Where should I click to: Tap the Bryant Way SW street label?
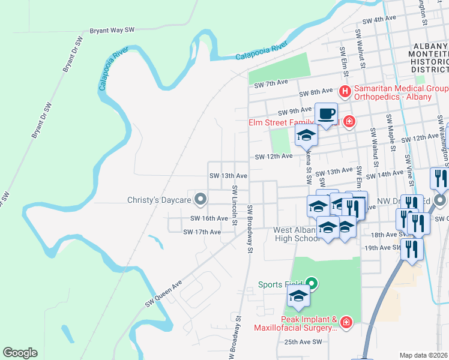tap(112, 29)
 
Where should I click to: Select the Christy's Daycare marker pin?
tap(201, 199)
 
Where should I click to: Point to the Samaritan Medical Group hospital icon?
tap(345, 92)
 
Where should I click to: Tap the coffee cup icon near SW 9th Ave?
tap(327, 113)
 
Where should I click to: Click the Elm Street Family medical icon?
tap(349, 123)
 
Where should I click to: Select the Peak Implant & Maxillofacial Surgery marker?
tap(346, 323)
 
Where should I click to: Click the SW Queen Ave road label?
tap(163, 295)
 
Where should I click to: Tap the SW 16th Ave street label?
tap(209, 218)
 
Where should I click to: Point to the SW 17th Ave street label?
tap(202, 232)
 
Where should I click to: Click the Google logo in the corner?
tap(20, 353)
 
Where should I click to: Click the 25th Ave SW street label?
tap(304, 342)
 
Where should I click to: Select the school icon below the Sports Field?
tap(298, 295)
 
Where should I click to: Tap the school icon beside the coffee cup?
tap(306, 135)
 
